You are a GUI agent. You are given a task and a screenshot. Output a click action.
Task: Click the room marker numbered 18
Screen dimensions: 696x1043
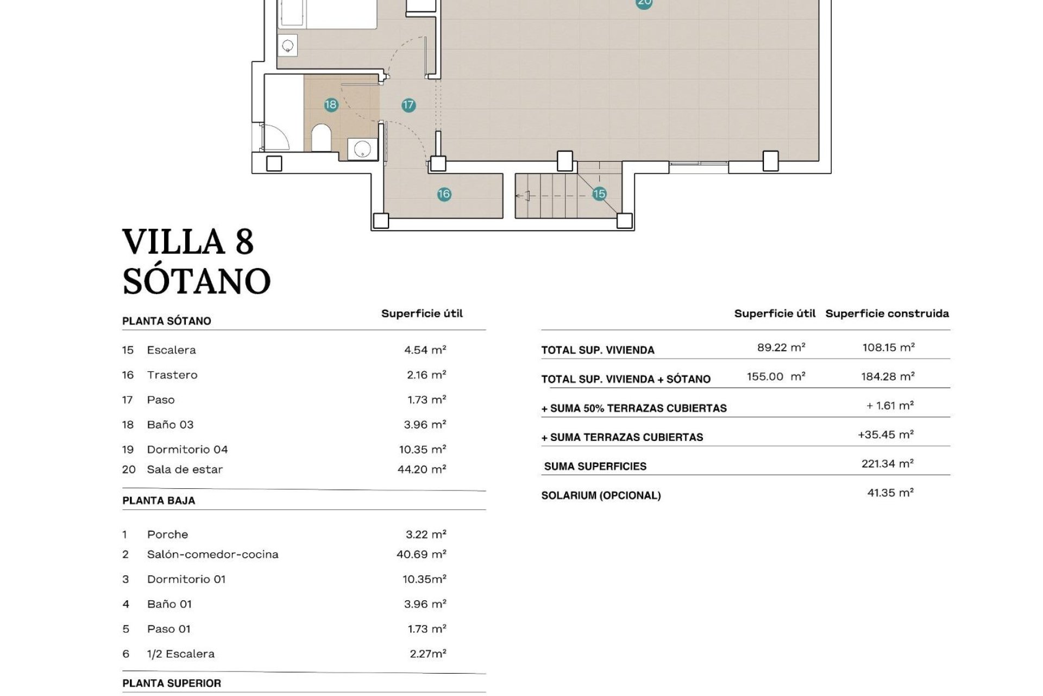[331, 104]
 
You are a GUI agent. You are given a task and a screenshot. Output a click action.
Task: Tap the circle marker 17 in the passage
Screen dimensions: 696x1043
[409, 105]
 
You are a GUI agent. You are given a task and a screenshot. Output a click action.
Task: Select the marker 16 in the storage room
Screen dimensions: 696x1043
[444, 194]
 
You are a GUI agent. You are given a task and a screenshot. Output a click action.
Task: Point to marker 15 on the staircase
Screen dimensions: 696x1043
[599, 194]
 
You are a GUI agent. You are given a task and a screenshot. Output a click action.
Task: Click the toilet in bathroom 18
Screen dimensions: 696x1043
[322, 138]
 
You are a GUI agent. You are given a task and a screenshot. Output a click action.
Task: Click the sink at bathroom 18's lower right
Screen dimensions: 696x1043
[362, 148]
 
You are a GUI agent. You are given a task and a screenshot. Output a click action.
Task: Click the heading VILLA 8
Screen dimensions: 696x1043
[188, 241]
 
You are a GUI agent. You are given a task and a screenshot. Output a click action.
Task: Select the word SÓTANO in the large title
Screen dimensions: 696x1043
[196, 281]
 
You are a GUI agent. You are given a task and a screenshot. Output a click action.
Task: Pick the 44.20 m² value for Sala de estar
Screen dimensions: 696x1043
[422, 469]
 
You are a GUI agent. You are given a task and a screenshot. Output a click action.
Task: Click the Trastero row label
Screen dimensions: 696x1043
[172, 375]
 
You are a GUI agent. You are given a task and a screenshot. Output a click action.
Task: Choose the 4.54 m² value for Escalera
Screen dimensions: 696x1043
[425, 350]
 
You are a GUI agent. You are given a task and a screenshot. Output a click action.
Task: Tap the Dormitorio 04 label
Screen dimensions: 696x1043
[187, 449]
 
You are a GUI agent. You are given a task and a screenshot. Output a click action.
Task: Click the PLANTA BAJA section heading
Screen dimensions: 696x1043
[159, 501]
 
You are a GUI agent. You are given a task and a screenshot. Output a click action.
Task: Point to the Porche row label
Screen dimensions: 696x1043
[167, 535]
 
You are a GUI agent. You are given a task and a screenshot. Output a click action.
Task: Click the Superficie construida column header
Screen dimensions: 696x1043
[887, 313]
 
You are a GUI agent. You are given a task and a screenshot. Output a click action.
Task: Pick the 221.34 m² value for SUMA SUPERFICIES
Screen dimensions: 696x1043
[887, 463]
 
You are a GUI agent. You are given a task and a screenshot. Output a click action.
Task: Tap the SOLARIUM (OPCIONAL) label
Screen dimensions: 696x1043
[601, 495]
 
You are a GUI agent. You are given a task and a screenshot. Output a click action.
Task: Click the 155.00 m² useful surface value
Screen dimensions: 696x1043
[776, 376]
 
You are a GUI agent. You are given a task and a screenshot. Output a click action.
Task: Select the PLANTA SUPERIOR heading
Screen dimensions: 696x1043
[172, 683]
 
